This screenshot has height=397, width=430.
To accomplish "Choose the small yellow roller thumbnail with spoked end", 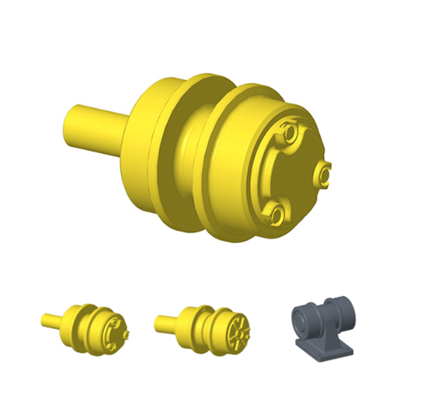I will (x=204, y=327).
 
